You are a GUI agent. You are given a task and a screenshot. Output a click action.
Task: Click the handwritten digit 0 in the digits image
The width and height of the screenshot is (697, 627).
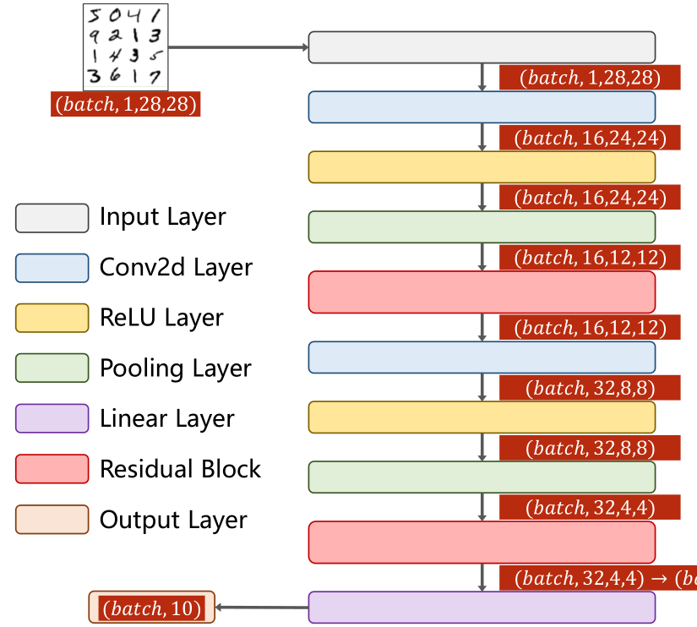(x=115, y=15)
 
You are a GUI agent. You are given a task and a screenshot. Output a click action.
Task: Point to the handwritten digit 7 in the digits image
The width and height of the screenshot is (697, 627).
(x=155, y=77)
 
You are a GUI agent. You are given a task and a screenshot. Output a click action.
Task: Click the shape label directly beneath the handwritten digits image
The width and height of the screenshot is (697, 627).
(x=126, y=104)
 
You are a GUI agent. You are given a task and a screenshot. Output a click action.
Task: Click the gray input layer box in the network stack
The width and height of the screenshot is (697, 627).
(x=482, y=46)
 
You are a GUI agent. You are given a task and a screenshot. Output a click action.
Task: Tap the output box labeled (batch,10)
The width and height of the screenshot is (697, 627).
(x=152, y=608)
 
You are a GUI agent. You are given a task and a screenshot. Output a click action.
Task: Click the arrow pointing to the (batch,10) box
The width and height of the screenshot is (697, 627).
(x=262, y=608)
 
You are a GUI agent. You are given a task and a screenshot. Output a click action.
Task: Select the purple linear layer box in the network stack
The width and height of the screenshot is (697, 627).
(x=482, y=608)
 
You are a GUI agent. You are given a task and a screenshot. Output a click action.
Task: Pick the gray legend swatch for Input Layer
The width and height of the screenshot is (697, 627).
(x=52, y=218)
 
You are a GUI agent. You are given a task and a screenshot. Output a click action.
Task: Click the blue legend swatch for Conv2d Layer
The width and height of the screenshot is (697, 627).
(x=52, y=268)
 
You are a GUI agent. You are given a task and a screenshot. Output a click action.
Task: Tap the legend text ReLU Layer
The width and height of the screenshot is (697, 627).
(x=161, y=319)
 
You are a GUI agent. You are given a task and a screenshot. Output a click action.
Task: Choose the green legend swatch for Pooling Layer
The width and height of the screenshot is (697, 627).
(x=52, y=368)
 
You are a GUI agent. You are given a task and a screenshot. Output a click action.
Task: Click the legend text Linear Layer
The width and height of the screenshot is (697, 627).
(x=167, y=419)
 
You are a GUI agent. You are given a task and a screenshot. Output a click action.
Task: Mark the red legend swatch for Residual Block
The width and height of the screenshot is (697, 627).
(x=52, y=469)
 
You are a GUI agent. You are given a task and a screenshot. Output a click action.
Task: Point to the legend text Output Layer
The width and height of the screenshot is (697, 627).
(x=173, y=520)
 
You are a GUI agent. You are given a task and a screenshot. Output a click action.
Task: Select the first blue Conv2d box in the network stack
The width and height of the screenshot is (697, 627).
(x=482, y=106)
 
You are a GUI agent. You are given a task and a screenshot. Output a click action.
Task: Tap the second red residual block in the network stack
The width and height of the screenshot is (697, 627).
(x=482, y=542)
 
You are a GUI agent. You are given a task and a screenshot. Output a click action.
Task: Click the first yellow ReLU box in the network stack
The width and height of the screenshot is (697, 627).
(x=482, y=166)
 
